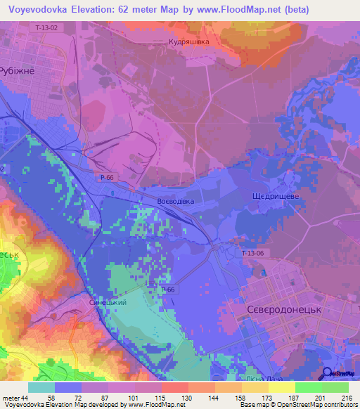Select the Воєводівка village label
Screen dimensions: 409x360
pos(175,201)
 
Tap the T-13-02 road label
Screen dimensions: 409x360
pos(46,27)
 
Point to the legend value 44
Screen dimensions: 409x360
pos(27,397)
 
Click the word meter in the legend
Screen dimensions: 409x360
pos(11,397)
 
